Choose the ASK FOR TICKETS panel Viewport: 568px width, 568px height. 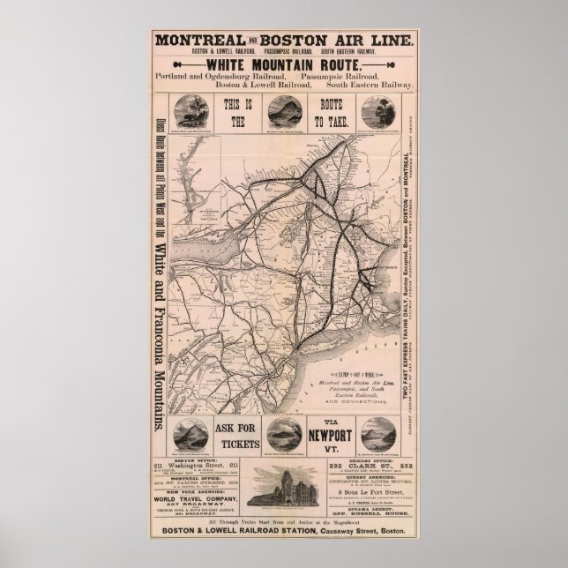click(235, 435)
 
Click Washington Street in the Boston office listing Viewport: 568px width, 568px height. click(205, 466)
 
